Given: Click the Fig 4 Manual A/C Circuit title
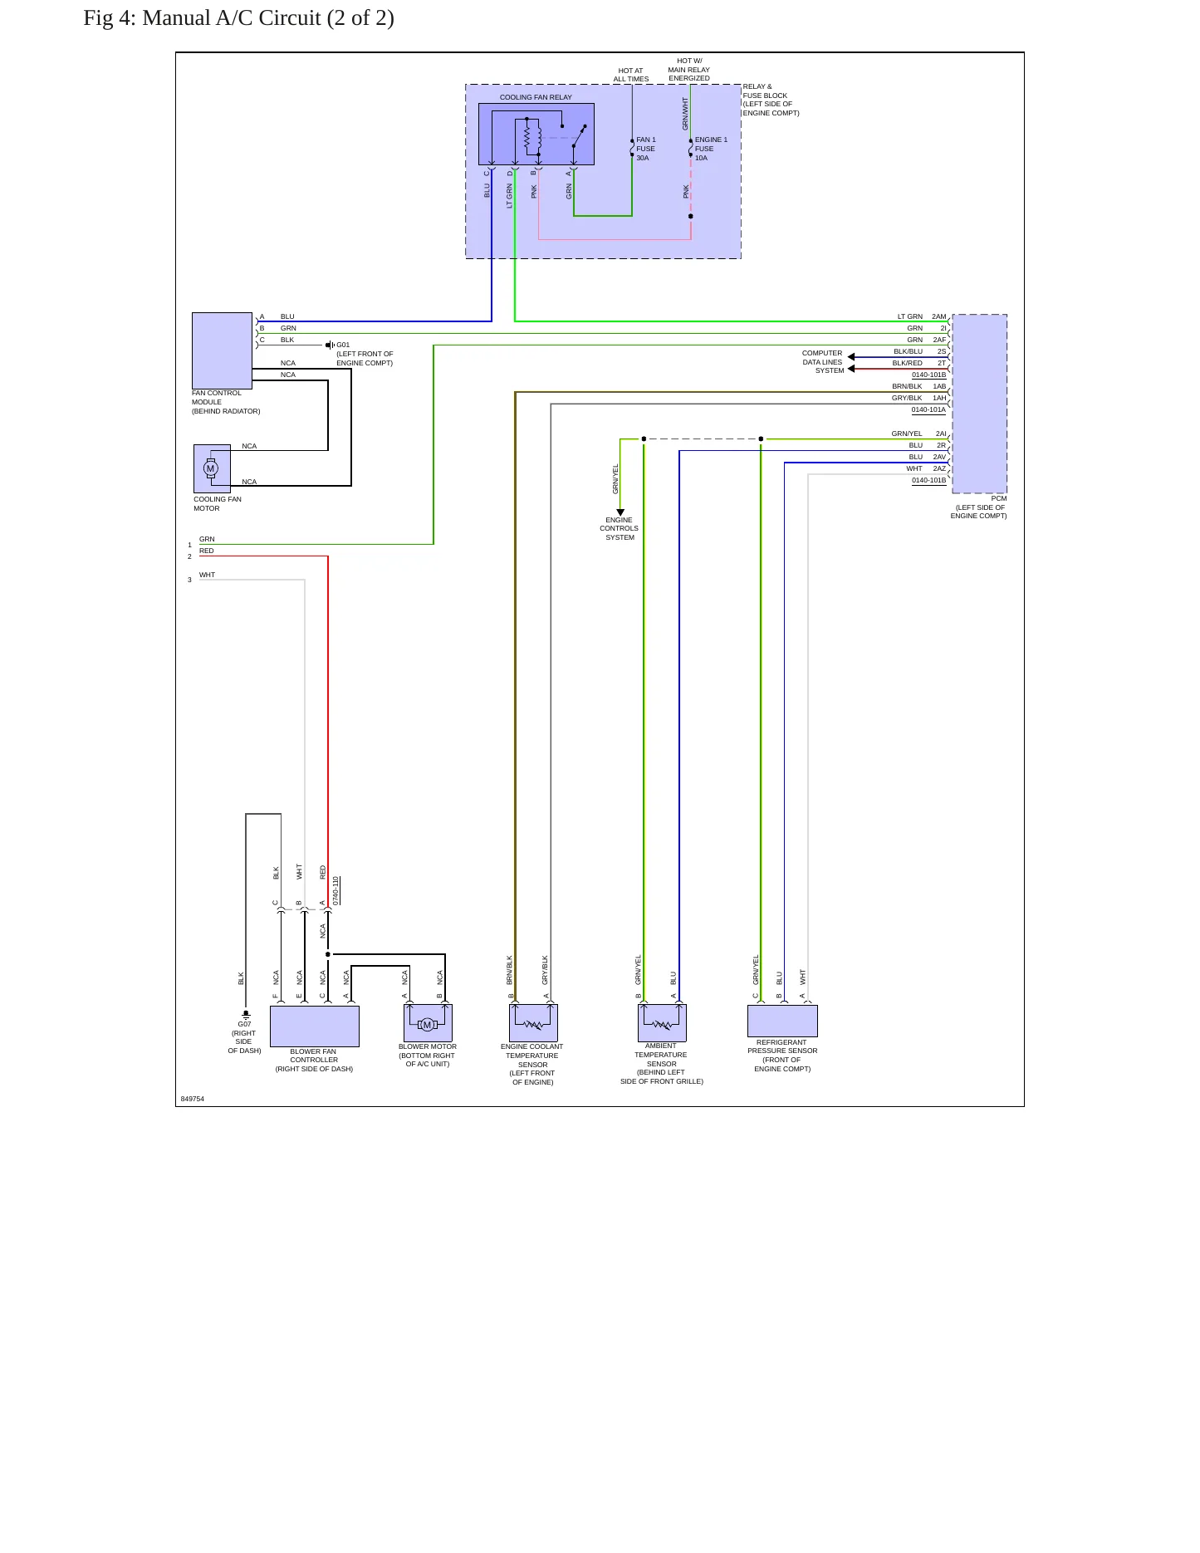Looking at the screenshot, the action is (x=238, y=18).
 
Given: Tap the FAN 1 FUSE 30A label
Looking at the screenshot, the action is (x=646, y=149).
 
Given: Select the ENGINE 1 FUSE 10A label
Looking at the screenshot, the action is (x=711, y=149).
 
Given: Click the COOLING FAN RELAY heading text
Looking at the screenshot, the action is (x=536, y=97).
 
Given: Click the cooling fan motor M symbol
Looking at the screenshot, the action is (x=211, y=468).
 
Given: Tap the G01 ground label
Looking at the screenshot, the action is (x=343, y=345).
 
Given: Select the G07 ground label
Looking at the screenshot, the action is (x=244, y=1024).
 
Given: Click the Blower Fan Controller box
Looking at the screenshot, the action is (x=315, y=1026).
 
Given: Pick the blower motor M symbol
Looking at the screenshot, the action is (x=428, y=1025).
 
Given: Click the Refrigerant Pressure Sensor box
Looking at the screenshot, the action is (x=782, y=1021).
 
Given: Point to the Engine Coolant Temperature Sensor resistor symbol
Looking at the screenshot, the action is (x=533, y=1025).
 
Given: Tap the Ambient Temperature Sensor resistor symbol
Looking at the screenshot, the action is (x=662, y=1024).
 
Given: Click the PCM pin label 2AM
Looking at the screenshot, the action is (x=939, y=316).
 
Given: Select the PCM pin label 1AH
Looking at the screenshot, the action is (x=939, y=398).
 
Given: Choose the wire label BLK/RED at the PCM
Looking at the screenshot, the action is (x=908, y=363).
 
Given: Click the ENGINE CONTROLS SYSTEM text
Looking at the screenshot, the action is (x=620, y=528).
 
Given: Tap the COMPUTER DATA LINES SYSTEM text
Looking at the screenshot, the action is (x=823, y=362).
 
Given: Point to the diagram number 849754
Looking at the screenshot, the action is (x=193, y=1099).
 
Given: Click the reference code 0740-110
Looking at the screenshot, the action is (x=336, y=891).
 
